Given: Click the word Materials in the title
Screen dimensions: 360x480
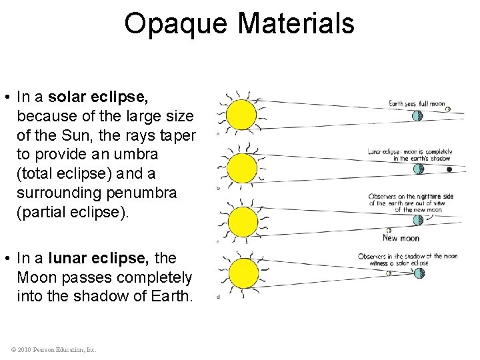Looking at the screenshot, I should click(295, 24).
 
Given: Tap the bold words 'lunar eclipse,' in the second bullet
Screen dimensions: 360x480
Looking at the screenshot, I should click(88, 258).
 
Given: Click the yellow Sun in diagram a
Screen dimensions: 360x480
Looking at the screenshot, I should click(241, 115).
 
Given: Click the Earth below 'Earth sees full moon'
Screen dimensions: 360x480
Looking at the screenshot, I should click(417, 115).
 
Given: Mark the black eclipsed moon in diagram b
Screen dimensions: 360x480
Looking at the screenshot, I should click(449, 170).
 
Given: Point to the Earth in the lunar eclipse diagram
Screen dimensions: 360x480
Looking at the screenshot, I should click(419, 169).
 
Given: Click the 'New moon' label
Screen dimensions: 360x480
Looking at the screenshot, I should click(400, 238).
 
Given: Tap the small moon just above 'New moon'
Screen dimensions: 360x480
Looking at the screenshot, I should click(389, 230).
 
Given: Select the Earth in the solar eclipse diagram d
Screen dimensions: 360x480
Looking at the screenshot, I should click(419, 273).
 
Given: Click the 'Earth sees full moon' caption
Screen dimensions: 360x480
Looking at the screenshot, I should click(417, 103).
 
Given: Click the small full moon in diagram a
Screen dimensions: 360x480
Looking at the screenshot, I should click(448, 109).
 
